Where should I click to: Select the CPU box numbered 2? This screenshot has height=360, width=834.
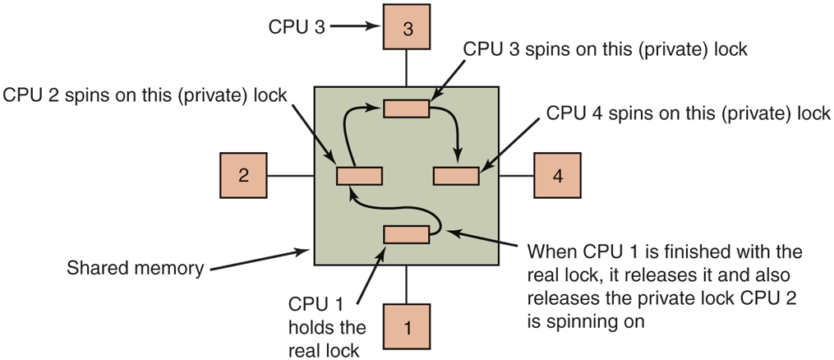(x=243, y=175)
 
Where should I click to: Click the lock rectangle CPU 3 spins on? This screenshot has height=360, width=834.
(x=407, y=108)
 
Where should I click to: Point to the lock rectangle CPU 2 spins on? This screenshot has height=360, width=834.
(x=359, y=175)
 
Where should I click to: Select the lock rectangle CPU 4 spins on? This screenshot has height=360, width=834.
(x=456, y=175)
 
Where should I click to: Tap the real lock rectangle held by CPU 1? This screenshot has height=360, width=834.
(x=407, y=235)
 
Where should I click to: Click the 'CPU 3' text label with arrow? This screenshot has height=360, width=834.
(x=297, y=26)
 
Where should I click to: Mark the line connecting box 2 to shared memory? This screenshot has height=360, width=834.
(x=291, y=175)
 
